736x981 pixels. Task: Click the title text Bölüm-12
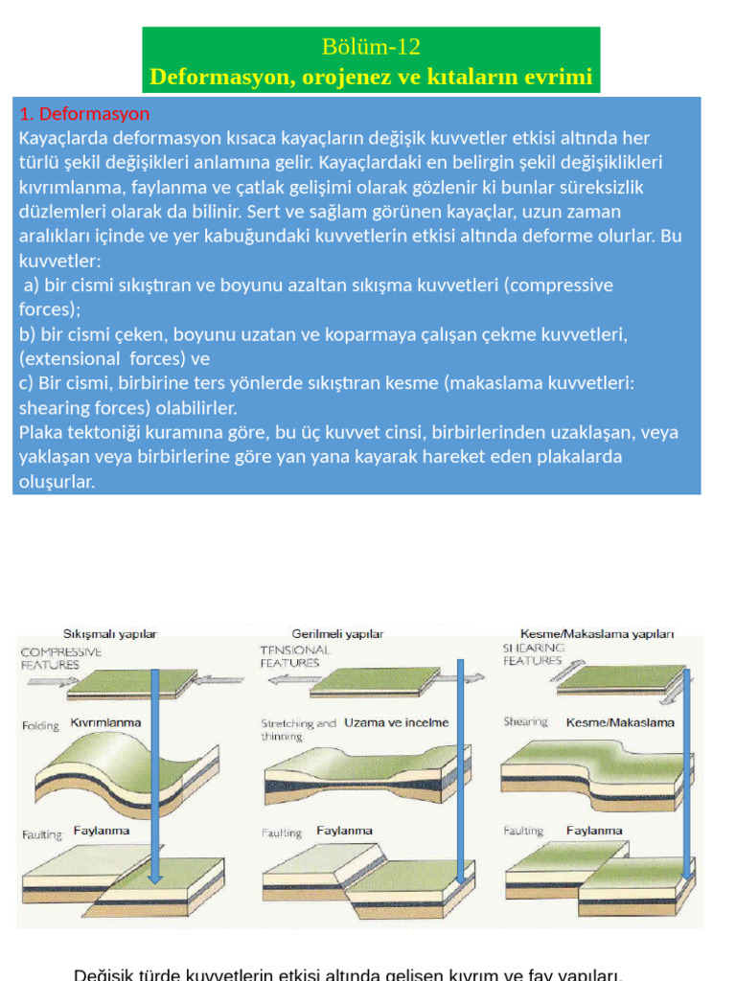click(x=372, y=46)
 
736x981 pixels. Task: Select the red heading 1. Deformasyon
click(x=84, y=114)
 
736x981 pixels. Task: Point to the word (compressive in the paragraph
click(x=562, y=285)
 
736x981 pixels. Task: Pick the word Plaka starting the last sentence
click(x=41, y=432)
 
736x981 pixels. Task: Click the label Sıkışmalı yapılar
click(x=110, y=633)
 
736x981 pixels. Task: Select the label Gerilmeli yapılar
click(x=337, y=633)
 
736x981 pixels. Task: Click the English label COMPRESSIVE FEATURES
click(x=61, y=656)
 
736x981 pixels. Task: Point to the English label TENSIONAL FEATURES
click(x=295, y=656)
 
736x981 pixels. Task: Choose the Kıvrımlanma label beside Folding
click(x=106, y=723)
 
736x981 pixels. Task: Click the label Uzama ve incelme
click(x=396, y=722)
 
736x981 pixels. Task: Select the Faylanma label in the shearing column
click(x=594, y=831)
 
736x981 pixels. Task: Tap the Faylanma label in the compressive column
click(x=102, y=832)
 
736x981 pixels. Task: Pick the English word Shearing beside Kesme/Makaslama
click(x=526, y=722)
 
